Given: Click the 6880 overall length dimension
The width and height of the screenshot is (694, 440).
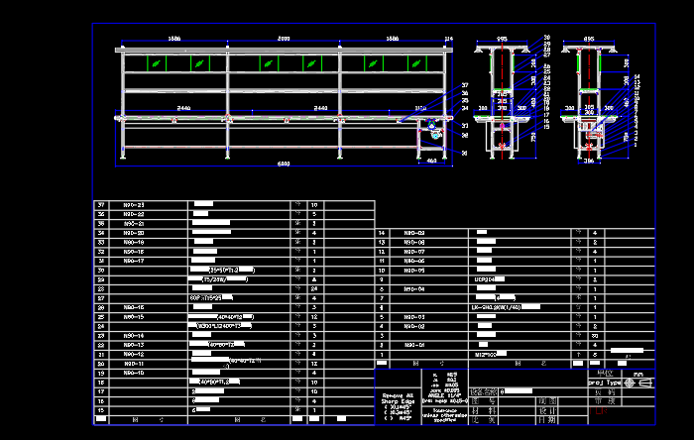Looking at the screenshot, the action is [x=284, y=163].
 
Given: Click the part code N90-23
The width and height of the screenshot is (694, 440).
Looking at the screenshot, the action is [x=134, y=205].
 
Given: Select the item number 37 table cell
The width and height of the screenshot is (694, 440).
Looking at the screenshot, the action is [x=101, y=205].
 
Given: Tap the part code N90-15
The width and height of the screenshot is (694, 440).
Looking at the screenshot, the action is [x=134, y=317].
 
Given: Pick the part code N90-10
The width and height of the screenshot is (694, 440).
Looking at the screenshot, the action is [x=134, y=373].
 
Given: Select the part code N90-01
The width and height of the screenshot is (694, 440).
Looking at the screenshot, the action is [x=413, y=345].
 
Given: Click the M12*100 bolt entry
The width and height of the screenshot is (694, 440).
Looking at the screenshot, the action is [x=486, y=354].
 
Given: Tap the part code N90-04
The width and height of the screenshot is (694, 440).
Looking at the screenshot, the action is [x=413, y=289].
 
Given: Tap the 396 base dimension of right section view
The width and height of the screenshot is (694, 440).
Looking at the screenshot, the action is [x=589, y=161].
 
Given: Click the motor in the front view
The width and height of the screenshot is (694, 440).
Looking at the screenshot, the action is [x=433, y=127].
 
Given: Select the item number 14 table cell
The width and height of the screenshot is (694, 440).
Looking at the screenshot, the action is [x=383, y=233].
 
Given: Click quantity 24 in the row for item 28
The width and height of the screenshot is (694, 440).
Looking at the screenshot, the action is [x=314, y=289].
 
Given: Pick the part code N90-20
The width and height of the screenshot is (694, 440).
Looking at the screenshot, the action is [x=134, y=233].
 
